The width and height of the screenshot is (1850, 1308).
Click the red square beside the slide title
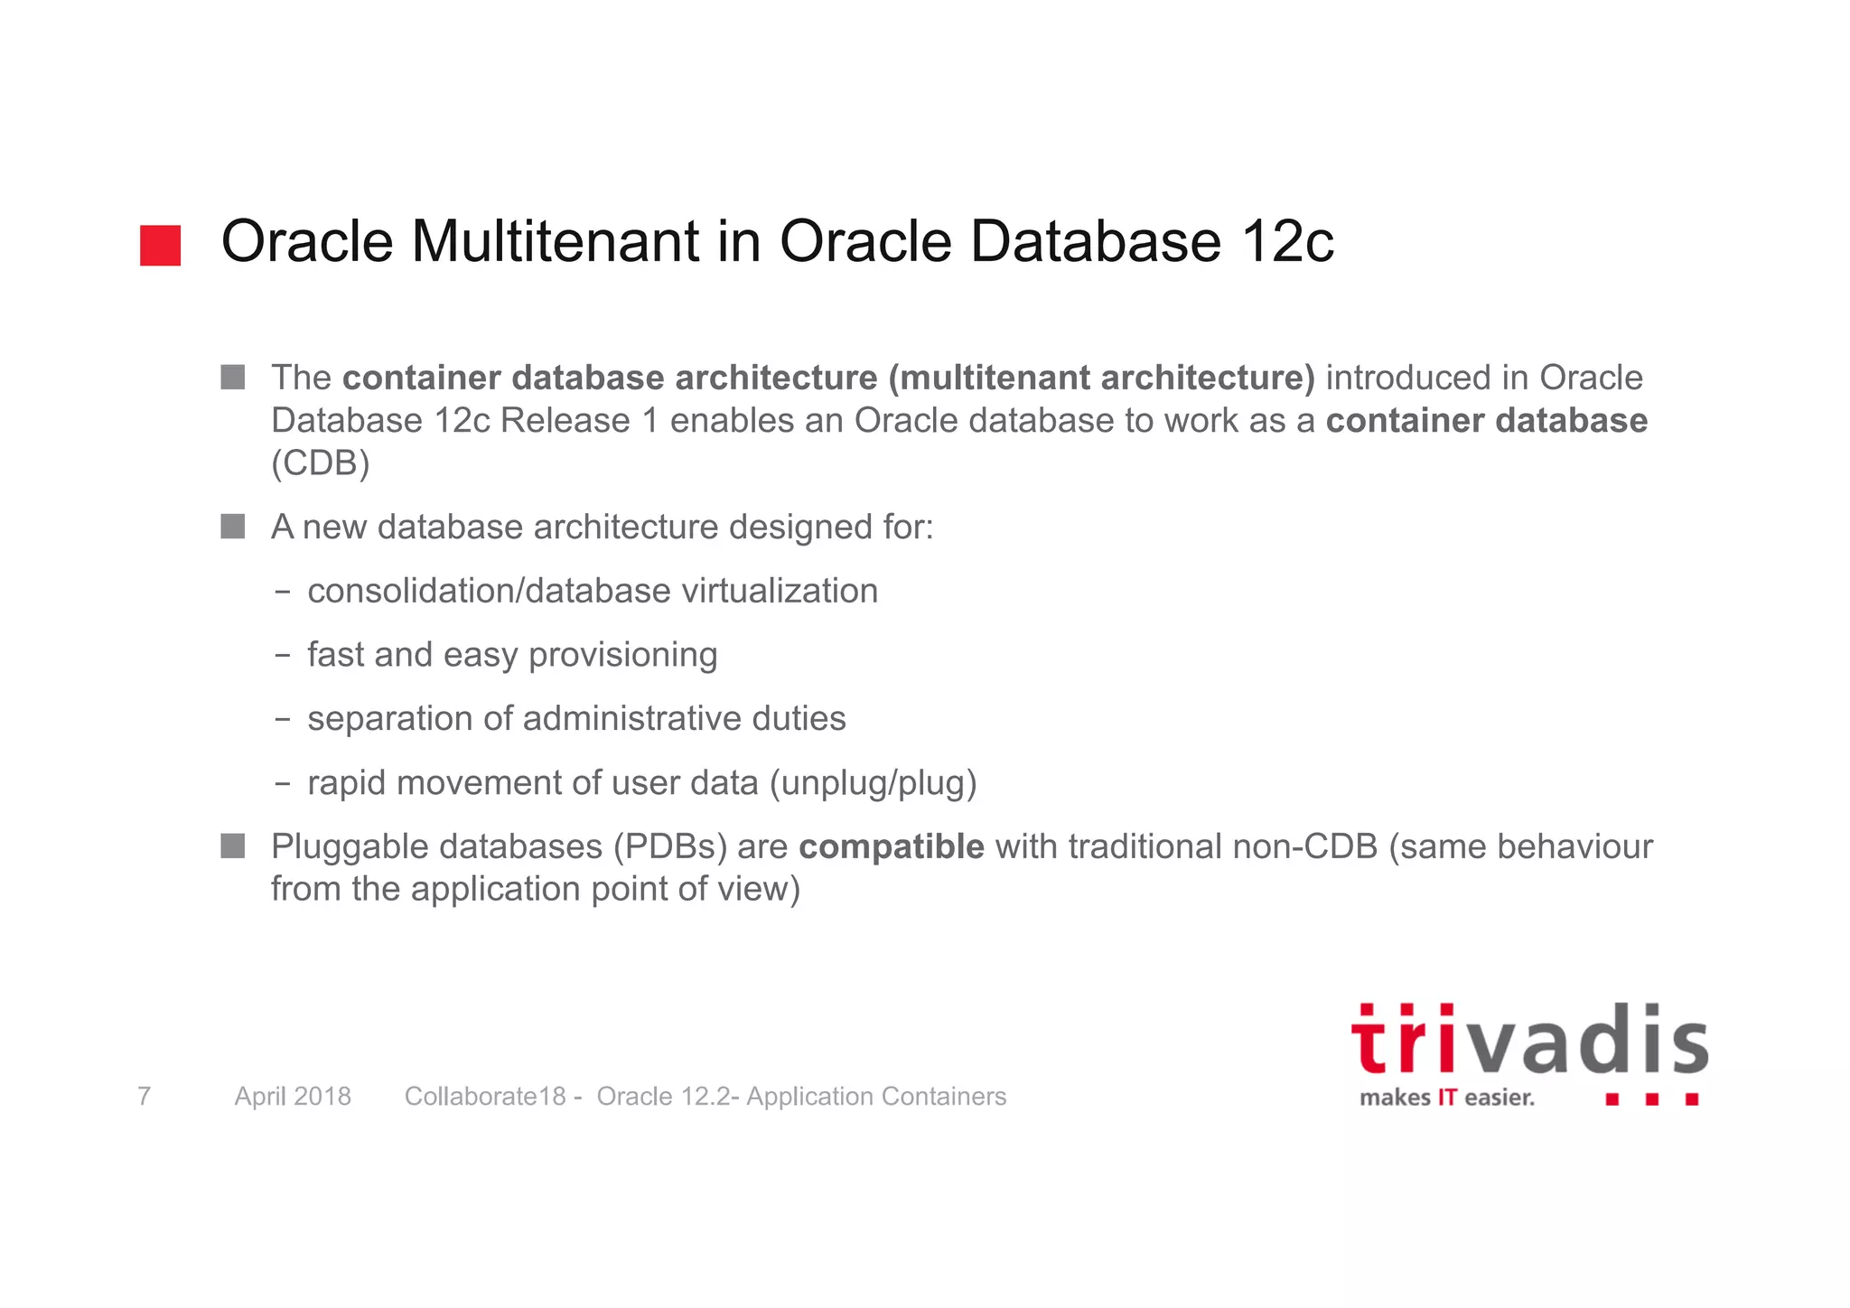[x=160, y=246]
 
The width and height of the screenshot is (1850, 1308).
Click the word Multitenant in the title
[x=556, y=242]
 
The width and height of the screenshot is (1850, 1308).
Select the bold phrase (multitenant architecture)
[x=1101, y=378]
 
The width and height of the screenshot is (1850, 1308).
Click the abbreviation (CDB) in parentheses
[x=321, y=463]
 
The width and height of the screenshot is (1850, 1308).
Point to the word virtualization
[x=779, y=591]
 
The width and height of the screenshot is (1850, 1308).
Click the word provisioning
[x=622, y=655]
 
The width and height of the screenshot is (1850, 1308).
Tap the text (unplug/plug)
[x=873, y=783]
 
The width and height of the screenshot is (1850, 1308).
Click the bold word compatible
[x=891, y=847]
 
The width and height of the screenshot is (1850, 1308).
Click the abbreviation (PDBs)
[x=670, y=847]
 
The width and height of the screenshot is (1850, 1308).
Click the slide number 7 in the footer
[x=144, y=1096]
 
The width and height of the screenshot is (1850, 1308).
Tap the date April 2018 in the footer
[x=293, y=1096]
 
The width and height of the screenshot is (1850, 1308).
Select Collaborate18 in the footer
[x=484, y=1096]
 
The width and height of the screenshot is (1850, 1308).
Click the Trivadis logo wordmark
[x=1528, y=1042]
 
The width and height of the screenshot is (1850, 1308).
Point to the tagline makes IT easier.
[x=1446, y=1098]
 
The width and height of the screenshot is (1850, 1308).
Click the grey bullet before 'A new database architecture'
[x=233, y=527]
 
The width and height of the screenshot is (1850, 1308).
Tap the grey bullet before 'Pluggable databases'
[x=233, y=846]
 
